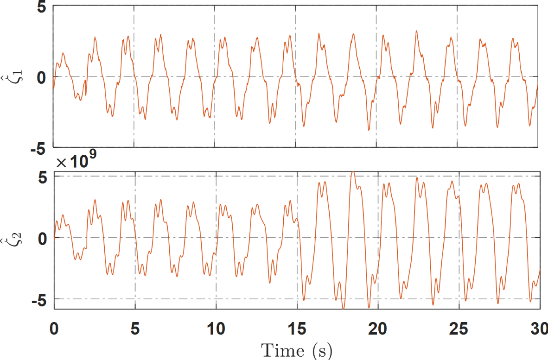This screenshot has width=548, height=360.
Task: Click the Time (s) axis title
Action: [x=297, y=349]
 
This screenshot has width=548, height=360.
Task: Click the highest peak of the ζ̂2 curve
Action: [x=353, y=172]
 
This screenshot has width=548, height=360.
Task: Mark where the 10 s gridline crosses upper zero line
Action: [x=215, y=76]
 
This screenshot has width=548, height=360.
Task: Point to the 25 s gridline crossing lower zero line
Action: [x=459, y=238]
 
